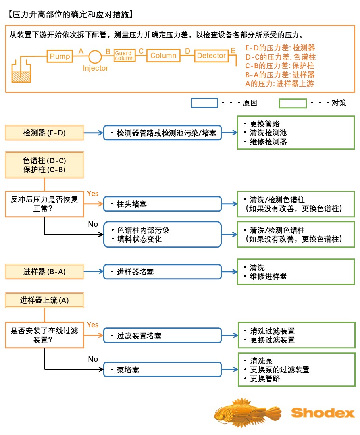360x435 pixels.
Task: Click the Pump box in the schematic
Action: [60, 56]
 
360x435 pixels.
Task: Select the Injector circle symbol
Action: [95, 56]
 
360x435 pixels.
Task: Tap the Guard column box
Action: [124, 56]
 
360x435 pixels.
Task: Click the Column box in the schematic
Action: [163, 56]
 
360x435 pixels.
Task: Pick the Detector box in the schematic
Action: [211, 56]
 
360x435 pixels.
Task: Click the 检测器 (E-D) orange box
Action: [44, 133]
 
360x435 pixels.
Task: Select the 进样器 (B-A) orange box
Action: [44, 272]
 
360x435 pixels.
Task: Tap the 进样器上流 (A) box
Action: [44, 300]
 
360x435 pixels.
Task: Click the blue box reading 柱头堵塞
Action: [162, 204]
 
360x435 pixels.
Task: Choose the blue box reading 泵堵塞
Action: [162, 370]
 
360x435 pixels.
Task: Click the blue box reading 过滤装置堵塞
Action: [162, 336]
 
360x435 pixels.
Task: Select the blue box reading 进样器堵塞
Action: [162, 272]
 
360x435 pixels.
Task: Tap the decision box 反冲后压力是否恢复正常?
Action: [44, 204]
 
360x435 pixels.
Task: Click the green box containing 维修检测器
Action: [296, 133]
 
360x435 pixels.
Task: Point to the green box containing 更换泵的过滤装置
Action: [296, 370]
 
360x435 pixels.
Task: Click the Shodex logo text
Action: [323, 413]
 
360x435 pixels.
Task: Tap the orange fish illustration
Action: [246, 413]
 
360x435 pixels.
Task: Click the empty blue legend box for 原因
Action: [204, 103]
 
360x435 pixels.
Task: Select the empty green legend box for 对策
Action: [293, 103]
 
